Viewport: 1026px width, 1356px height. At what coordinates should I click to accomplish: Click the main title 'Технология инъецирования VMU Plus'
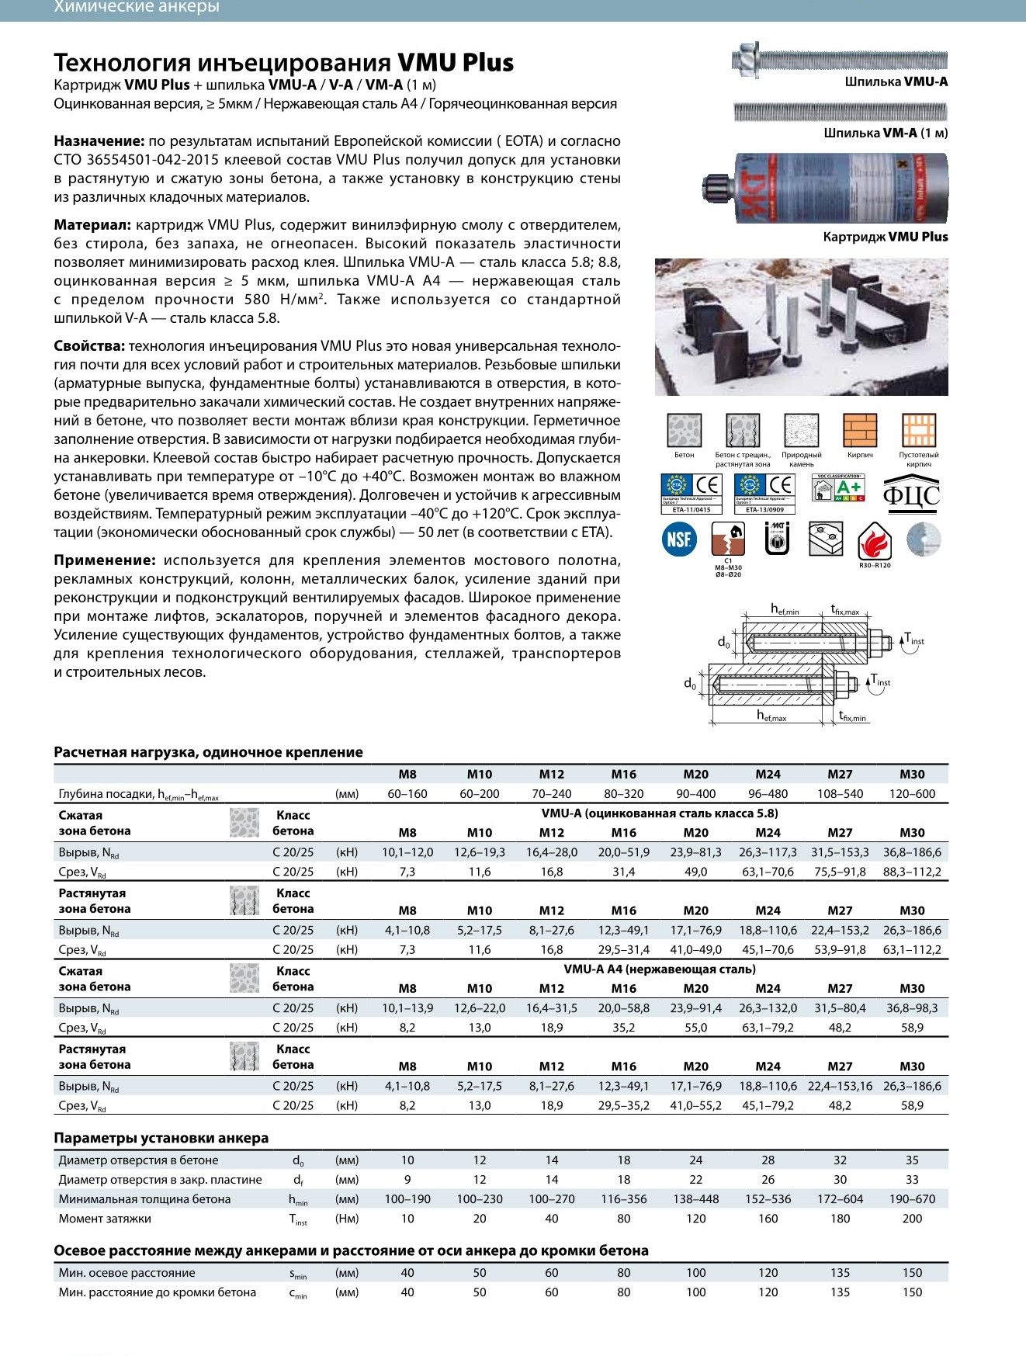click(x=283, y=62)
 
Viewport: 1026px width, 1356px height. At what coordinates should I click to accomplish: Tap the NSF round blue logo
click(x=679, y=539)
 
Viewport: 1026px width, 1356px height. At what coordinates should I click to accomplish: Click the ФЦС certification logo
click(x=911, y=494)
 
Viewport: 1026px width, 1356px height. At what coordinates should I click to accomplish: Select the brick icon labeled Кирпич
click(x=860, y=430)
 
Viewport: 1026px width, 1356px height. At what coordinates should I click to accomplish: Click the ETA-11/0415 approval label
click(x=691, y=510)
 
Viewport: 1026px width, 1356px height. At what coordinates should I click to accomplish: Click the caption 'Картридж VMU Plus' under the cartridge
click(x=885, y=237)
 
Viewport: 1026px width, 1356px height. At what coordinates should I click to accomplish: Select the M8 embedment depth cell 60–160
click(x=407, y=793)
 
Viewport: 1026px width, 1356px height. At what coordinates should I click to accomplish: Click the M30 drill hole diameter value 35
click(x=912, y=1160)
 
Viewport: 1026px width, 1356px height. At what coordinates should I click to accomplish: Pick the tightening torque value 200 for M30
click(x=912, y=1218)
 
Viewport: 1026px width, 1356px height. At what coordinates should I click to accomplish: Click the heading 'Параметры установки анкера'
click(x=161, y=1138)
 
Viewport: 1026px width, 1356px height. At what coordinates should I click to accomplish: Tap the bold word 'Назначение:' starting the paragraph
click(x=99, y=141)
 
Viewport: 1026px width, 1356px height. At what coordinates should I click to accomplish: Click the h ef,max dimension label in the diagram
click(x=771, y=716)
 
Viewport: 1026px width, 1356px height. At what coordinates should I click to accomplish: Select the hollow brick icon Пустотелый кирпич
click(x=919, y=430)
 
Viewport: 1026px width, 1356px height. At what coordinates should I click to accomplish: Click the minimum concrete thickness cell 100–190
click(x=407, y=1198)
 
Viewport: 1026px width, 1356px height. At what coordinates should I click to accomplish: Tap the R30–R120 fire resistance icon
click(x=875, y=542)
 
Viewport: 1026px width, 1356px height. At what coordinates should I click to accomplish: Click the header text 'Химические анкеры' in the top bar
click(x=137, y=8)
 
